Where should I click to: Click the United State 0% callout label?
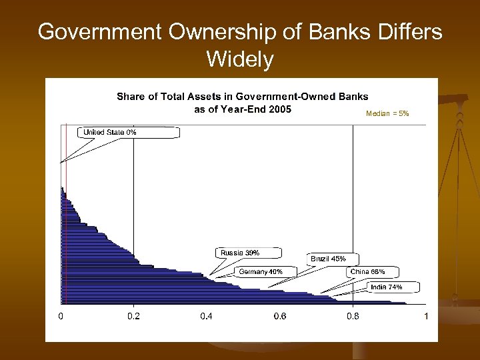(x=110, y=133)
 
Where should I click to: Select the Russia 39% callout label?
(x=240, y=253)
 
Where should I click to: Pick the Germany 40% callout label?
(x=261, y=271)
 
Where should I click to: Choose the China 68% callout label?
(x=367, y=271)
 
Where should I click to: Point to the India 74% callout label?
(x=386, y=287)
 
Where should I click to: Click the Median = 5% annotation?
(x=387, y=114)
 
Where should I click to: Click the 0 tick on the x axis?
(x=61, y=316)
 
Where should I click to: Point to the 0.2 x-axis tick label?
(x=134, y=316)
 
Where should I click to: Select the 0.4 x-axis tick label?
(x=207, y=316)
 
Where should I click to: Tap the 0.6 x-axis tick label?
(x=279, y=316)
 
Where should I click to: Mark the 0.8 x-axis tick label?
(x=353, y=316)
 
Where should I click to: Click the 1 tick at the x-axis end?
(x=425, y=316)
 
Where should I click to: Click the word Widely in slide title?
(x=240, y=60)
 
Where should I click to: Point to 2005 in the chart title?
(x=279, y=109)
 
